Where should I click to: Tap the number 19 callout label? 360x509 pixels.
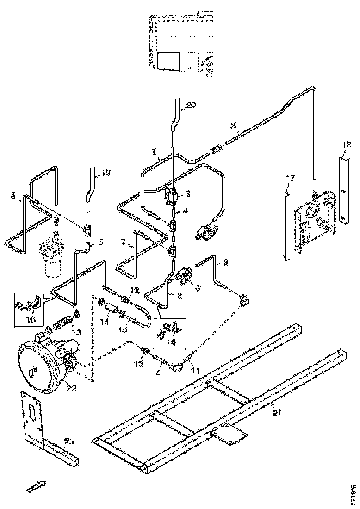(x=106, y=174)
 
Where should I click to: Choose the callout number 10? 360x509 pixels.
(x=76, y=332)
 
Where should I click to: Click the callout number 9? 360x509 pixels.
(x=226, y=261)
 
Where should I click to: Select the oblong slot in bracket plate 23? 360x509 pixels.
(x=32, y=412)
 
